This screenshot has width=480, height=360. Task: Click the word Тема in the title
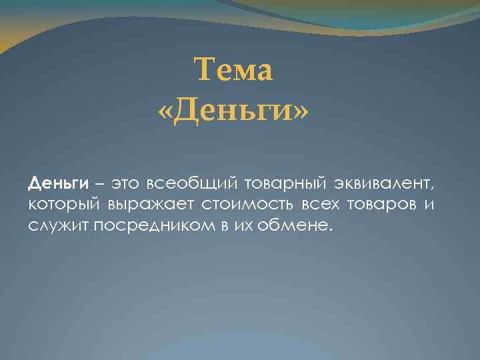pyautogui.click(x=233, y=70)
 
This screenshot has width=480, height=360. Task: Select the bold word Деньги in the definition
pyautogui.click(x=59, y=182)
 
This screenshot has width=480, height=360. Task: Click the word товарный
pyautogui.click(x=280, y=183)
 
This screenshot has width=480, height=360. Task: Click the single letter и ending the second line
pyautogui.click(x=430, y=203)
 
